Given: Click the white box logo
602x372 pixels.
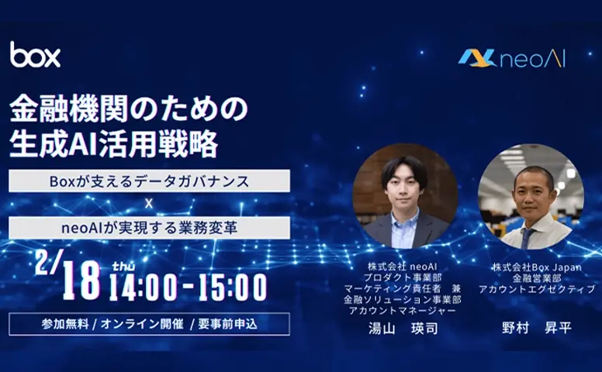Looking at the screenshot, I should (35, 54).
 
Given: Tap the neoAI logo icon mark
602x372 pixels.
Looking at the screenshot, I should (476, 57).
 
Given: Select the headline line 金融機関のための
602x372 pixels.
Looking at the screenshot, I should (128, 109).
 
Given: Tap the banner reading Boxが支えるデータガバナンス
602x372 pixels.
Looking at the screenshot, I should (149, 181).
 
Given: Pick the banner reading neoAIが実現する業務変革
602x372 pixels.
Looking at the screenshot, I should (149, 227).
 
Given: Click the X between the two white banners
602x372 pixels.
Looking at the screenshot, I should (148, 204).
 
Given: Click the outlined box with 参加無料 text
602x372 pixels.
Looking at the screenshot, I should (149, 323).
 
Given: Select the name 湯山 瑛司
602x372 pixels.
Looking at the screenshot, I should (403, 328).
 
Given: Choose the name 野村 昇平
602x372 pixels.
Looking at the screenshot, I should (536, 327).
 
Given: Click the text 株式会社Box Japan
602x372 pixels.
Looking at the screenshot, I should (536, 267).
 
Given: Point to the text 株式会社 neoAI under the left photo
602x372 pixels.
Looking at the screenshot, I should (403, 267).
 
